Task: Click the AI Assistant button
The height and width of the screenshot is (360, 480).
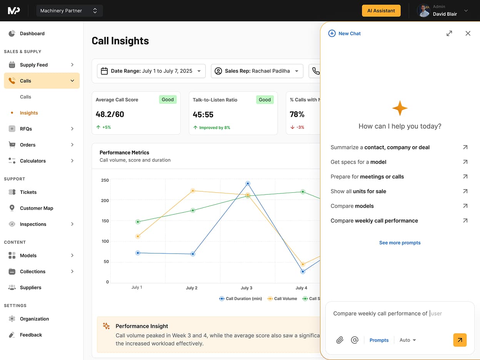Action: (x=381, y=11)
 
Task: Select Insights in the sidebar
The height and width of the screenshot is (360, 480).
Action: (x=29, y=113)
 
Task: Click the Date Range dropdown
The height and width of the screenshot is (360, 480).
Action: (x=151, y=71)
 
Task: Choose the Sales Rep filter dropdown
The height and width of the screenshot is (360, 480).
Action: (x=257, y=71)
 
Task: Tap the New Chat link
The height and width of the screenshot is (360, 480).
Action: (x=345, y=33)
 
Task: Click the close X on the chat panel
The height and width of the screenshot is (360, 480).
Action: (x=468, y=33)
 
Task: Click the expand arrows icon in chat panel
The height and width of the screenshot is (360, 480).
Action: (x=449, y=33)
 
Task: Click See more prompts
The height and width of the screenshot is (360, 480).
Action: (x=400, y=243)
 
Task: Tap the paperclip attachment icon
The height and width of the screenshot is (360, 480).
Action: (x=340, y=340)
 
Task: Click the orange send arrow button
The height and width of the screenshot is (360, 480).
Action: (x=460, y=340)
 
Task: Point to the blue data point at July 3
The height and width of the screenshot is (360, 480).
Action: (x=248, y=183)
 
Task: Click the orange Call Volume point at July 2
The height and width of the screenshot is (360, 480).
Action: (x=193, y=190)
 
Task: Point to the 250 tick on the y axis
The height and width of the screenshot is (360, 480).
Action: (x=105, y=180)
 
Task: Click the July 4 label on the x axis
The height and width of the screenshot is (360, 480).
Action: (x=301, y=288)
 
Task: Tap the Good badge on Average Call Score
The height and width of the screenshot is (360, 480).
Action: (x=168, y=100)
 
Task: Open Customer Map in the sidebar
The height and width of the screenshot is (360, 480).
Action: (x=37, y=208)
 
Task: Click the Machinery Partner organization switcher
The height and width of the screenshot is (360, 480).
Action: (x=69, y=11)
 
